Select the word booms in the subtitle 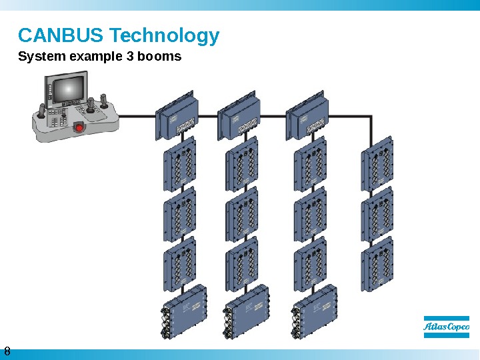tap(159, 56)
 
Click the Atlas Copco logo tap(446, 327)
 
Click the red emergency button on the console tap(79, 127)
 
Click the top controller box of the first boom tap(177, 117)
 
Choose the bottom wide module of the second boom tap(248, 307)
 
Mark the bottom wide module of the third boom tap(315, 307)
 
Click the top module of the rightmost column tap(377, 162)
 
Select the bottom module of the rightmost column tap(377, 266)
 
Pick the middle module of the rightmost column tap(377, 214)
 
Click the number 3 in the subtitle tap(129, 56)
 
